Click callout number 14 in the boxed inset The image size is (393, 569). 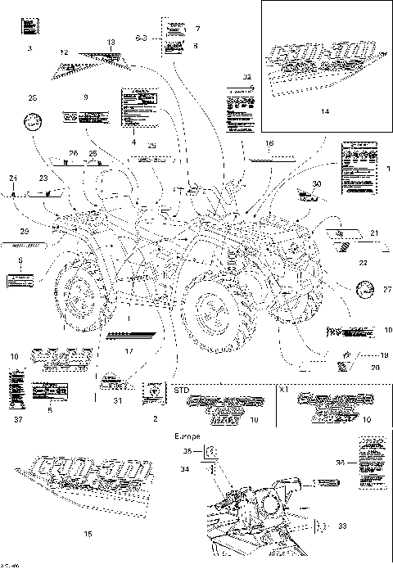(326, 111)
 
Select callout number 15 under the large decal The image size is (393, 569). (88, 533)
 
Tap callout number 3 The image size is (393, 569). (29, 51)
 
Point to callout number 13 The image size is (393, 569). (111, 42)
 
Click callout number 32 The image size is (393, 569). (247, 76)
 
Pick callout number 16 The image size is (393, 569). (269, 143)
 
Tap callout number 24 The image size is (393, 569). (13, 178)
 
